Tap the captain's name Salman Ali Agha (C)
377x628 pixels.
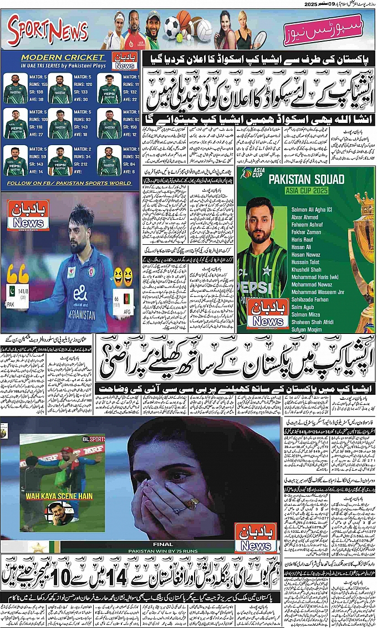click(x=315, y=209)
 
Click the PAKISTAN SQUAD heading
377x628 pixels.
click(x=305, y=179)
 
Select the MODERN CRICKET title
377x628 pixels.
click(x=62, y=57)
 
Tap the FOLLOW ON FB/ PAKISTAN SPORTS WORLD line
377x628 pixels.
click(x=69, y=183)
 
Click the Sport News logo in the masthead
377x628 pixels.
click(x=48, y=32)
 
